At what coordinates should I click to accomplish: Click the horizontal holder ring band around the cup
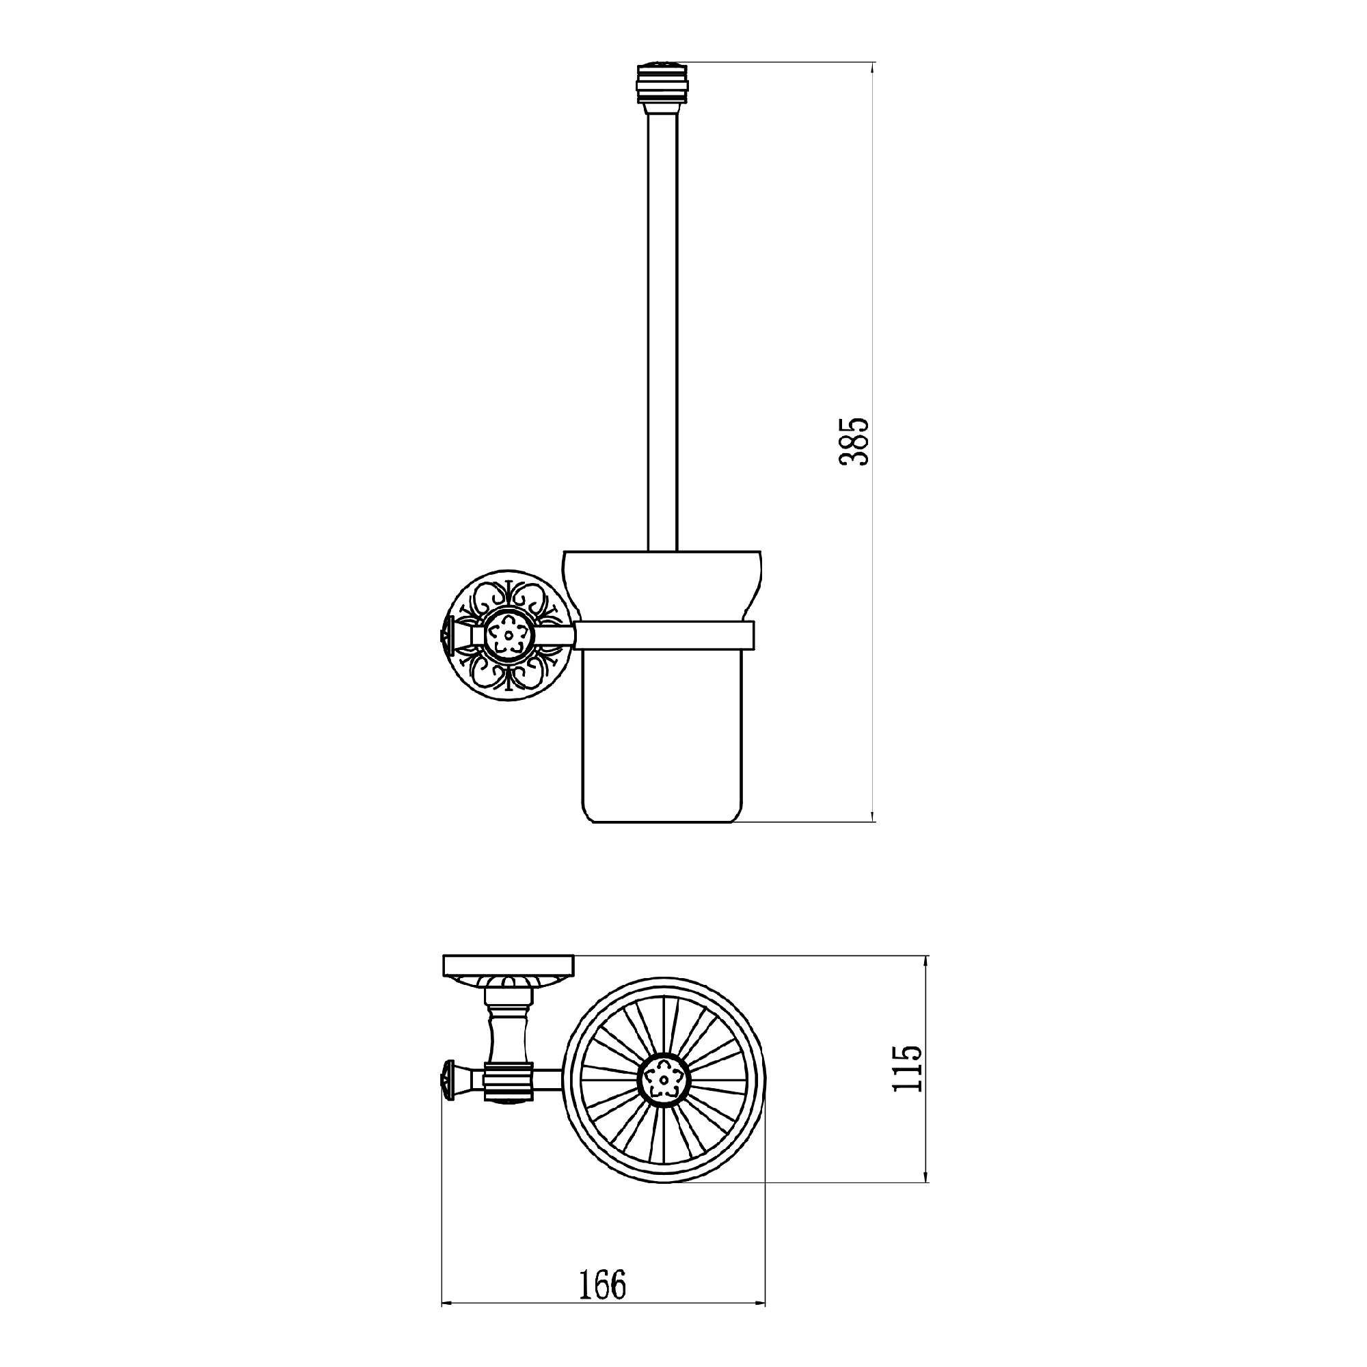pos(666,635)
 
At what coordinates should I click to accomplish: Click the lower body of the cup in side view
pos(662,736)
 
